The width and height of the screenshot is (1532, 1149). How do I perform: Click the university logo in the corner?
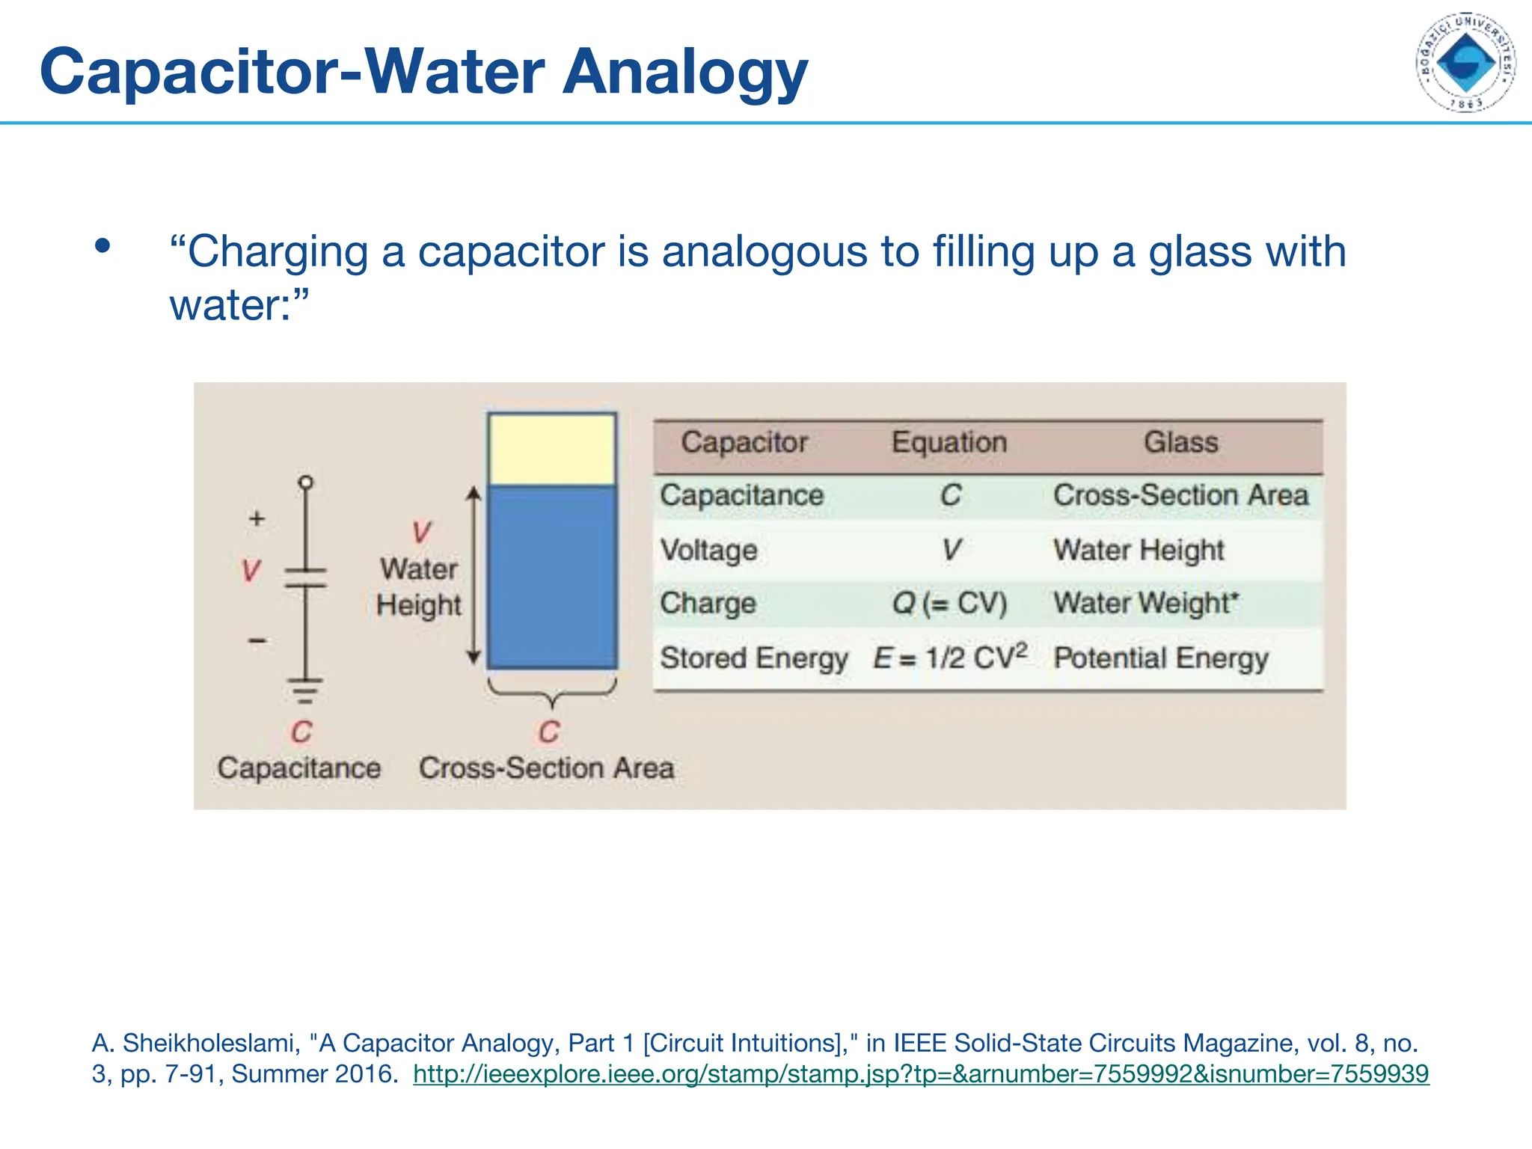click(x=1465, y=62)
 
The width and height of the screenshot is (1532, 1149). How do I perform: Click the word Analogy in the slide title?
click(x=684, y=73)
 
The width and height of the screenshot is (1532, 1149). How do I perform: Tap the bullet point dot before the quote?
click(x=102, y=246)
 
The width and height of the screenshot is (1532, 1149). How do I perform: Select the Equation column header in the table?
click(x=949, y=443)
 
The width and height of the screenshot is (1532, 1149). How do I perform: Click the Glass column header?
click(x=1180, y=443)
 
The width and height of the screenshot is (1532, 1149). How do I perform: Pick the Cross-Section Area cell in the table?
click(x=1180, y=495)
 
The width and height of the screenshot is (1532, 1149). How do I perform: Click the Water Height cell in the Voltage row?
click(x=1139, y=551)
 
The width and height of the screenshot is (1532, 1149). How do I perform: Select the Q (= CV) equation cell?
click(x=949, y=603)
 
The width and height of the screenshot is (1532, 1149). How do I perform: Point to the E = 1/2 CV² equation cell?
click(x=950, y=658)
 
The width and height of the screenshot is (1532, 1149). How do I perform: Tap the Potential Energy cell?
click(x=1161, y=658)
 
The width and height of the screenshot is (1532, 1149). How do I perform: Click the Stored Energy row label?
click(x=753, y=658)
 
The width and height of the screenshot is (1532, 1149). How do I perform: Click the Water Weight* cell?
click(x=1146, y=603)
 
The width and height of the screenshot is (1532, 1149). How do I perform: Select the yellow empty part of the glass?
click(x=552, y=449)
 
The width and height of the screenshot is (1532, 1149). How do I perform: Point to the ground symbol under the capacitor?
click(x=305, y=690)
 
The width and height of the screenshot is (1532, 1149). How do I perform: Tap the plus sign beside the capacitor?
click(x=257, y=518)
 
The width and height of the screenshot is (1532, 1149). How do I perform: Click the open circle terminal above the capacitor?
click(x=305, y=482)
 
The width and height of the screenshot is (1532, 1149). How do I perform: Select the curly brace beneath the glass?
click(x=552, y=692)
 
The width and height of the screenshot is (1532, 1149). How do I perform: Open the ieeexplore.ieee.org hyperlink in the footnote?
click(x=920, y=1074)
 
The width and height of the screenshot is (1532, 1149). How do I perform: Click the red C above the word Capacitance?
click(x=301, y=732)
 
